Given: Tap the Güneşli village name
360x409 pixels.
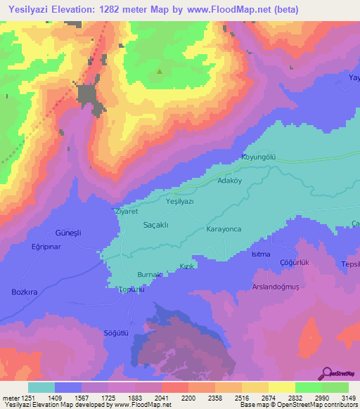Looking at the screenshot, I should (x=68, y=233).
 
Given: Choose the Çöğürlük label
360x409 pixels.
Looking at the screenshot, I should (x=295, y=262).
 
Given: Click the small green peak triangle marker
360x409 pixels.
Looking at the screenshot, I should (x=160, y=71).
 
